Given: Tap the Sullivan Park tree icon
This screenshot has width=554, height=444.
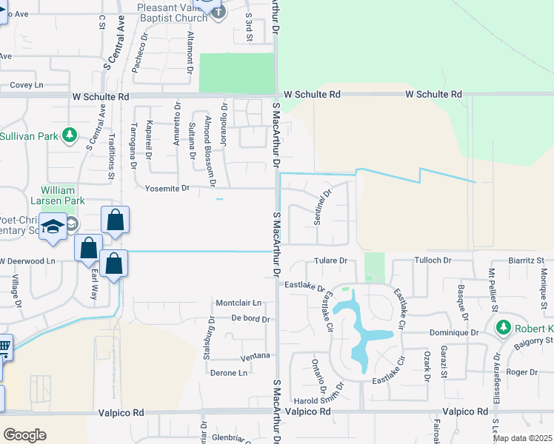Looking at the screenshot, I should pyautogui.click(x=70, y=135).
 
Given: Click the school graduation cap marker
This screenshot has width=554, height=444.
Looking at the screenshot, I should pyautogui.click(x=53, y=227).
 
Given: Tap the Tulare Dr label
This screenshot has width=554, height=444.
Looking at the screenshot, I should pyautogui.click(x=330, y=260).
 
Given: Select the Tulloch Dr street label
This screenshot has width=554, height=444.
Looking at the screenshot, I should pyautogui.click(x=433, y=260).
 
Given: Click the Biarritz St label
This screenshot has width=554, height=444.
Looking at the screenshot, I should pyautogui.click(x=527, y=260).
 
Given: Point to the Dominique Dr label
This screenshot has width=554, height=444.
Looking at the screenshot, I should pyautogui.click(x=453, y=333).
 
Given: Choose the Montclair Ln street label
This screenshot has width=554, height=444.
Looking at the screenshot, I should pyautogui.click(x=238, y=303).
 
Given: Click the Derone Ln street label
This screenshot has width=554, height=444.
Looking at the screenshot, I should pyautogui.click(x=228, y=373).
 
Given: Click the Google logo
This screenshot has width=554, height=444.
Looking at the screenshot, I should pyautogui.click(x=24, y=434).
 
